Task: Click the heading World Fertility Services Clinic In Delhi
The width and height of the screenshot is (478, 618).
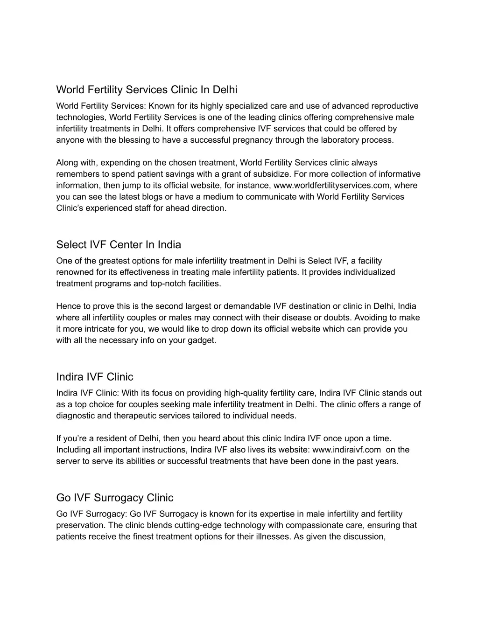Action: (x=147, y=89)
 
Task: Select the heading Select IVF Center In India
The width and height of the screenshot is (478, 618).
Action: (x=119, y=245)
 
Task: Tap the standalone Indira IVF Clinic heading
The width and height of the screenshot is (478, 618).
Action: (x=95, y=377)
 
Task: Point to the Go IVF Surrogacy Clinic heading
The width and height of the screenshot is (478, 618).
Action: (x=115, y=498)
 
